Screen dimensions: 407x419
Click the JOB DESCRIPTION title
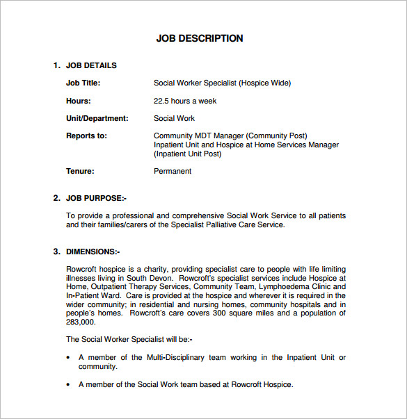(x=200, y=38)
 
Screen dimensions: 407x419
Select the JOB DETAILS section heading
(x=91, y=65)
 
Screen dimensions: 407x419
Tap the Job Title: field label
(x=83, y=83)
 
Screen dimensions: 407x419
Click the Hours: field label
(x=78, y=101)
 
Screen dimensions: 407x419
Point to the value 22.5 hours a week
(x=185, y=101)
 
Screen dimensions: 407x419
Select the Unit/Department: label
(x=97, y=118)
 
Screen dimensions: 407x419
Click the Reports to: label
(x=86, y=135)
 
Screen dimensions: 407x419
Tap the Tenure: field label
(x=80, y=171)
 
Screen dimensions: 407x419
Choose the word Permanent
(x=173, y=171)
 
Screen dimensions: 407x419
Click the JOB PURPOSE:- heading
(x=96, y=198)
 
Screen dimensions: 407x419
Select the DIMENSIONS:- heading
(x=93, y=251)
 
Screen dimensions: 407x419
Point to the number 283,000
(x=81, y=322)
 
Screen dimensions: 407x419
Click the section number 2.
(x=56, y=198)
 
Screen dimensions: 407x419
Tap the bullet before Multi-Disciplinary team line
(x=68, y=358)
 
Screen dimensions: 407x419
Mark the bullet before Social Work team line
(x=68, y=384)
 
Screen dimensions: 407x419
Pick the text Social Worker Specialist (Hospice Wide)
(x=222, y=83)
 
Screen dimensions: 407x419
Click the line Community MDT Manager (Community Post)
(x=230, y=135)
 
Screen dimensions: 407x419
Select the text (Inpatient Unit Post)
(x=187, y=154)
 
